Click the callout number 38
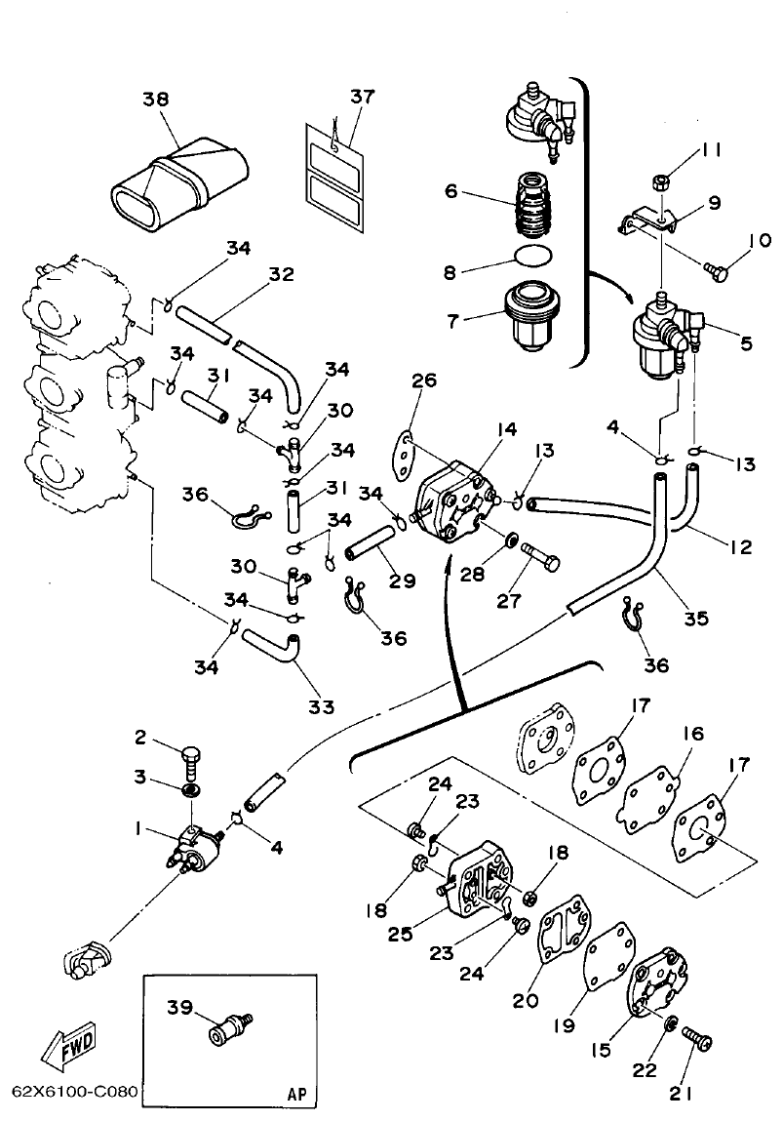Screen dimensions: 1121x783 155,99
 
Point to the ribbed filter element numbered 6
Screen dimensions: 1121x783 531,207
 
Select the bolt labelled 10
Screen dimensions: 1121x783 718,273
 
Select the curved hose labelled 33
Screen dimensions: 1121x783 273,647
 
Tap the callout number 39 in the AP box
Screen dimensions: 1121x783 179,1008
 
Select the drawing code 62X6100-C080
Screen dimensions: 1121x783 74,1091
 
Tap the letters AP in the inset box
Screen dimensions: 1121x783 296,1094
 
